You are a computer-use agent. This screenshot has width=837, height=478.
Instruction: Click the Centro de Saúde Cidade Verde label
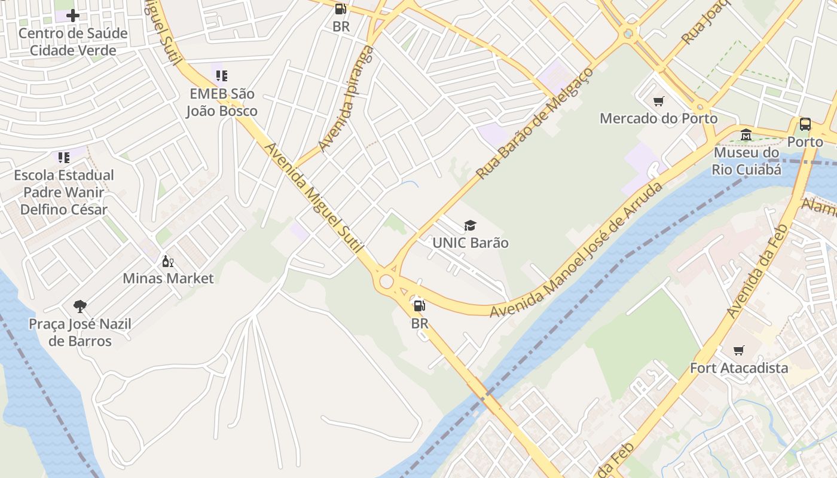click(73, 42)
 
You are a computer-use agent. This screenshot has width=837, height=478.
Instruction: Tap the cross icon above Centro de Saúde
click(73, 16)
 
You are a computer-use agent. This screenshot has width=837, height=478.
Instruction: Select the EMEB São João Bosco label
click(222, 102)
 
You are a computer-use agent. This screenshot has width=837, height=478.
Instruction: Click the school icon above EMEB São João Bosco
click(222, 76)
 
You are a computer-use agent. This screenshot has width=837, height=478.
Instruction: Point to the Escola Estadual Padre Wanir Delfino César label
click(64, 192)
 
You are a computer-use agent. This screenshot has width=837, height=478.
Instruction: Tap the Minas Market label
click(168, 278)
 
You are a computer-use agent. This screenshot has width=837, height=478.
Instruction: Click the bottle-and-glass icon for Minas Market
click(168, 262)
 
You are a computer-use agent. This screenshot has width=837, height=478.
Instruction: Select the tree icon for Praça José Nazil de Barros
click(80, 307)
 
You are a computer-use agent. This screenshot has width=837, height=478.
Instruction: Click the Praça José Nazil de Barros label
click(80, 333)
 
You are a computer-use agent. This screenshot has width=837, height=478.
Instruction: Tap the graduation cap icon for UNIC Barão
click(471, 226)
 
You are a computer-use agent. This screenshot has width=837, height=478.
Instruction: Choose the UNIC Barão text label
click(471, 243)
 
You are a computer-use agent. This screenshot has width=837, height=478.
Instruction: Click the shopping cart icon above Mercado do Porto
click(658, 102)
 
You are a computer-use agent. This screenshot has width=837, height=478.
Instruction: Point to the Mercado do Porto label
click(658, 118)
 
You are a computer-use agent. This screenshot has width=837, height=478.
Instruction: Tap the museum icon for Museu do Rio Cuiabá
click(746, 135)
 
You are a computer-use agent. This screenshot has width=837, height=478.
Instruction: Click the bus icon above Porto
click(805, 124)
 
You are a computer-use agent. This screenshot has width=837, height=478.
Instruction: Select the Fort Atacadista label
click(739, 368)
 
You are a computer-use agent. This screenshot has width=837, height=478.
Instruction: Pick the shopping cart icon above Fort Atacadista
click(739, 351)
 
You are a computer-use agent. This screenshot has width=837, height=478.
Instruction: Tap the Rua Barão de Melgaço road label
click(534, 123)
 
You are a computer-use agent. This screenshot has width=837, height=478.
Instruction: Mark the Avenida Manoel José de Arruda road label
click(577, 250)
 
